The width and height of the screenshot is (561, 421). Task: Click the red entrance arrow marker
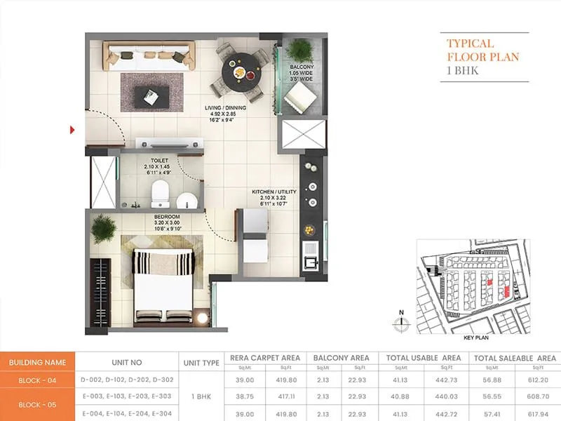click(72, 129)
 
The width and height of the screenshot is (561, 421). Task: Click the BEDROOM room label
click(168, 217)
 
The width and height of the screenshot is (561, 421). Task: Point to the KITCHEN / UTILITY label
click(275, 191)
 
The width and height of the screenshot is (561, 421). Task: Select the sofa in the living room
click(149, 53)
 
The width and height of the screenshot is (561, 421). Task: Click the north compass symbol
click(401, 323)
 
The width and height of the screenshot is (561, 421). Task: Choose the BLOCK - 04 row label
click(38, 380)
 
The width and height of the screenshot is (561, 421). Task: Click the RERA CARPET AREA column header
click(265, 358)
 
